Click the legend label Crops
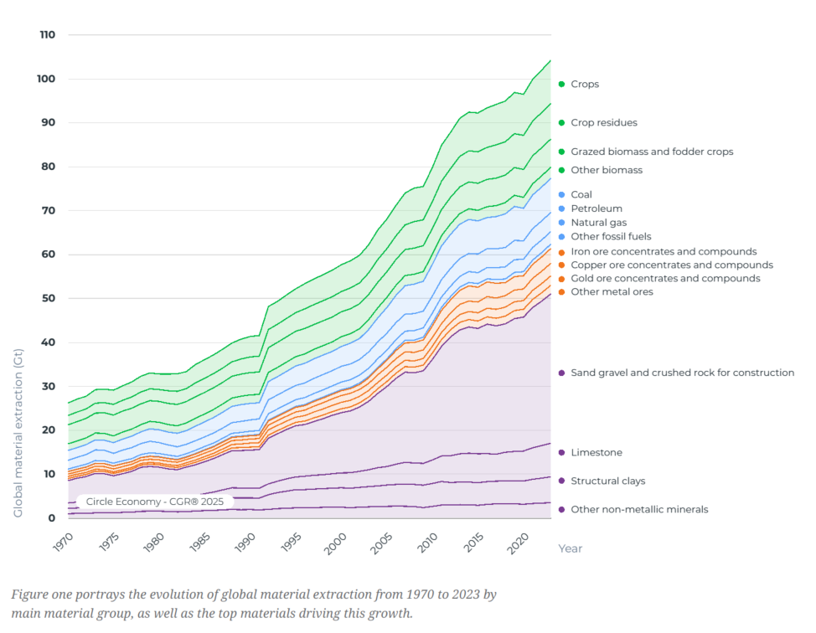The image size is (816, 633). pos(585,85)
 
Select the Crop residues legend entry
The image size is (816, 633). pos(603,123)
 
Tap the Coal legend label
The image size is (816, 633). pos(581,195)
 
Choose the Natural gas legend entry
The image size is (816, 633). pos(599,223)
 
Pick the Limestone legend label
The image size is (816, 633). pos(597,453)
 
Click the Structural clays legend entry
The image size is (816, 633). pos(607,481)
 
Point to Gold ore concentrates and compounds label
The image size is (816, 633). pos(665,278)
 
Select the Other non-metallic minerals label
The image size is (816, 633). pos(639,509)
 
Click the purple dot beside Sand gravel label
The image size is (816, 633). pos(561,373)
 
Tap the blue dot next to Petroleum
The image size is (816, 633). pos(561,208)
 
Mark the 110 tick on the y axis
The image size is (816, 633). pos(47,35)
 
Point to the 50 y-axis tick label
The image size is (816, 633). pos(49,298)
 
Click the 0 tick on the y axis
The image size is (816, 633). pos(52,517)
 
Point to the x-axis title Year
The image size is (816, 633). pos(570,548)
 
